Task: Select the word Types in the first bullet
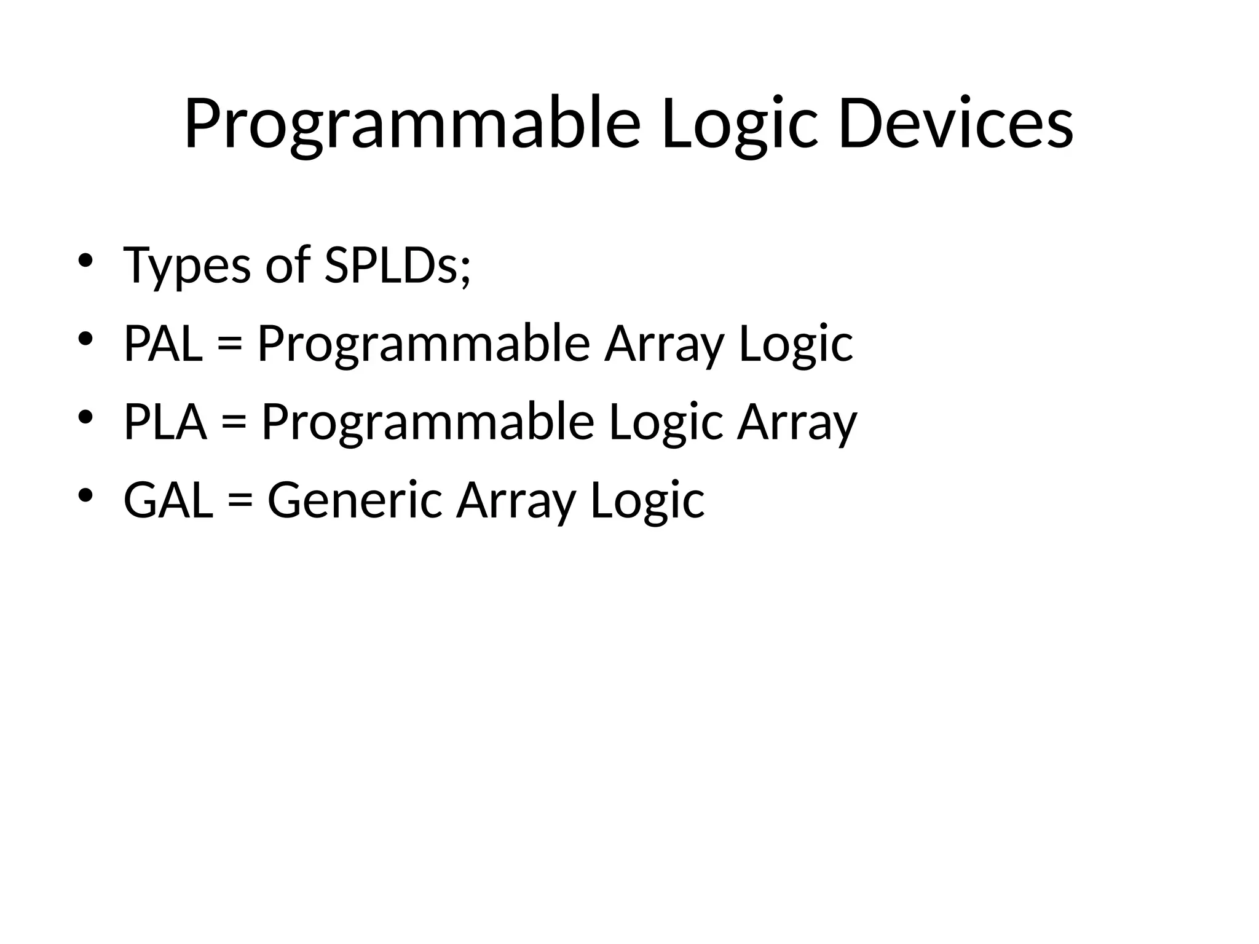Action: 187,265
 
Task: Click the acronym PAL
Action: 163,344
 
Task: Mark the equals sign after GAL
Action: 240,502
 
